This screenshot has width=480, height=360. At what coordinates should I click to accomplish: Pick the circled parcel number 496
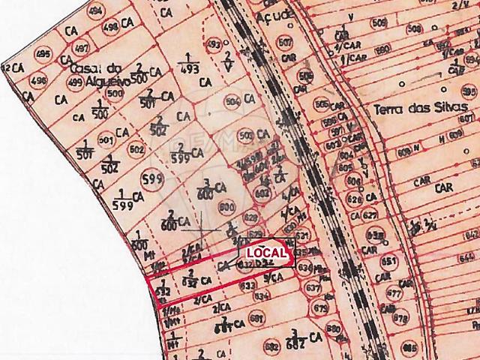(x=39, y=80)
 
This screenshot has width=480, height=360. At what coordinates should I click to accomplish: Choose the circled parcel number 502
(x=136, y=149)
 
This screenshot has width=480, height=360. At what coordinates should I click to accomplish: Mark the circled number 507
(x=284, y=41)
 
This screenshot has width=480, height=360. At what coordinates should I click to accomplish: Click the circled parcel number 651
(x=388, y=263)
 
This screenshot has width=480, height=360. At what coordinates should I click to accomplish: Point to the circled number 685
(x=409, y=349)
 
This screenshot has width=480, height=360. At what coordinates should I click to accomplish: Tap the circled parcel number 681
(x=256, y=319)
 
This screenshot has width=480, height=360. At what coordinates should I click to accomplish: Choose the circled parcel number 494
(x=95, y=13)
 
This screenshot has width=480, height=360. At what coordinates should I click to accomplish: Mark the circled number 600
(x=226, y=207)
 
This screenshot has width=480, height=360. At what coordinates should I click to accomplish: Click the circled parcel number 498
(x=110, y=28)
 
